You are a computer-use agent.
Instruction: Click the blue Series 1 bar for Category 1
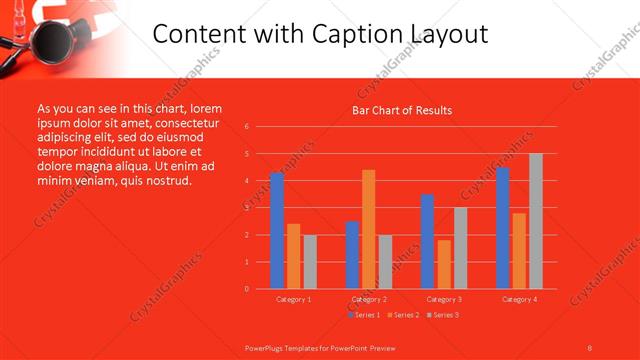[277, 230]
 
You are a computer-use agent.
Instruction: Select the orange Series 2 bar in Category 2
[369, 229]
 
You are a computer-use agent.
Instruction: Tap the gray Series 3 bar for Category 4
[536, 221]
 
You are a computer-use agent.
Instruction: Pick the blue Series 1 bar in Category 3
[427, 241]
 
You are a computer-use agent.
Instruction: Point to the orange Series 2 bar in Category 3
[444, 264]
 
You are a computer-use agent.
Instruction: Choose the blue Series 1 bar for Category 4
[503, 227]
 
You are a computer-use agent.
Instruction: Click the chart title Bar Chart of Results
[402, 110]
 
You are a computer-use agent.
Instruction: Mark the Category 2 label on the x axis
[369, 299]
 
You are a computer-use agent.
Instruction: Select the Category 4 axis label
[519, 299]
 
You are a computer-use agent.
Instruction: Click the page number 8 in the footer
[589, 348]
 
